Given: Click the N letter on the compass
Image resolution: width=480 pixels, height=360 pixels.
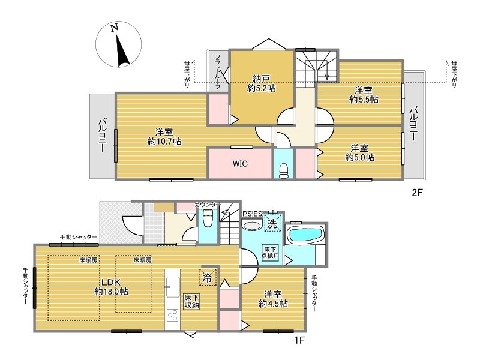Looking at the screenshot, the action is (x=115, y=28).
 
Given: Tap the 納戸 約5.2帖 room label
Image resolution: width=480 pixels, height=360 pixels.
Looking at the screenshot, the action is (x=261, y=83).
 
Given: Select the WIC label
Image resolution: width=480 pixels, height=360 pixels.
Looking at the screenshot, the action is (x=240, y=164).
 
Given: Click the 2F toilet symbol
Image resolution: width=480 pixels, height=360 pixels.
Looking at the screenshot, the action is (x=284, y=171).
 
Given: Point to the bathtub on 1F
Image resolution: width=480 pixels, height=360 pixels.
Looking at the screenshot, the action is (x=306, y=235).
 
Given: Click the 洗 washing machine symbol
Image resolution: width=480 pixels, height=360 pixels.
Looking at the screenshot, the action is (x=272, y=224).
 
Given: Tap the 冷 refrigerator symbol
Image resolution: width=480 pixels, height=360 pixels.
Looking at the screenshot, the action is (x=208, y=277).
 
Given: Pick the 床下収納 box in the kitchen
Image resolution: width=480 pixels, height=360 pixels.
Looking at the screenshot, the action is (x=191, y=302).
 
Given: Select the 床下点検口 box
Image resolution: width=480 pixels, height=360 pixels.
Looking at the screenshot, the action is (x=271, y=253).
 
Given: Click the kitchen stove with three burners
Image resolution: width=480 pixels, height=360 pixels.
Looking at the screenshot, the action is (x=172, y=316).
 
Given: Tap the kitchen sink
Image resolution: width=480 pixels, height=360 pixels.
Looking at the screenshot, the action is (x=172, y=287).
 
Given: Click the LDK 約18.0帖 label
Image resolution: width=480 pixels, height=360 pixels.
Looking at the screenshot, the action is (x=111, y=287).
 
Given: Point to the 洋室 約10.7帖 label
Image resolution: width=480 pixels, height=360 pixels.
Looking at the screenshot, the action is (x=164, y=137).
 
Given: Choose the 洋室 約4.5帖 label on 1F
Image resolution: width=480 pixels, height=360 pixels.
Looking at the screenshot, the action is (x=273, y=299).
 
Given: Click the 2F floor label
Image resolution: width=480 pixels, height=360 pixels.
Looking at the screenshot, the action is (x=417, y=193).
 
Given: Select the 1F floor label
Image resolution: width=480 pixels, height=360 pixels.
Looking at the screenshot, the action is (x=299, y=340).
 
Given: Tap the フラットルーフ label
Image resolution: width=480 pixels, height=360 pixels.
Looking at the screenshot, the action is (x=218, y=71).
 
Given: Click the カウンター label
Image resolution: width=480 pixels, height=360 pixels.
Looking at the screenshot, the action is (x=208, y=205).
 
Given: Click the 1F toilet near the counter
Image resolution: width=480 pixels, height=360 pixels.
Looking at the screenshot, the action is (x=208, y=219).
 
